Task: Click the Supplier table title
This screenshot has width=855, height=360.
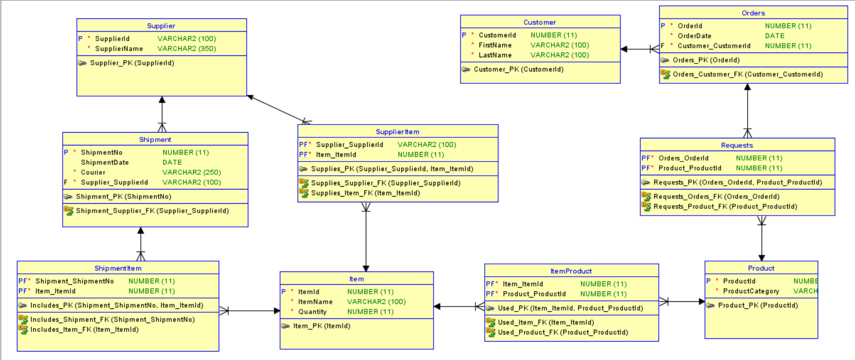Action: (x=161, y=26)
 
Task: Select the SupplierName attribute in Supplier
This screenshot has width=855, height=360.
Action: (x=119, y=49)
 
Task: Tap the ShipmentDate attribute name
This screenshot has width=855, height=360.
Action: (x=105, y=162)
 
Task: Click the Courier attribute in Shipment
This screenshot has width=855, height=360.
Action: (x=93, y=172)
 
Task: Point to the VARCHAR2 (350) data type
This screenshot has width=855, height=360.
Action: (x=187, y=49)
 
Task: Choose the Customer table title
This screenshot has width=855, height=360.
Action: (x=540, y=22)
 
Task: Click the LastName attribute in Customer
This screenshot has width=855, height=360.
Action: (x=495, y=55)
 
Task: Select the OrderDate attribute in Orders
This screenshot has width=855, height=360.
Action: (x=694, y=36)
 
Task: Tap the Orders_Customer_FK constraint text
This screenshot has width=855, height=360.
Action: (x=747, y=74)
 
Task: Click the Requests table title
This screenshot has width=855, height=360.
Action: (x=737, y=145)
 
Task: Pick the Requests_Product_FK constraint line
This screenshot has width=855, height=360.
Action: (x=725, y=207)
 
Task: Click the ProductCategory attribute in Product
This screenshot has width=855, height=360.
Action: (x=751, y=291)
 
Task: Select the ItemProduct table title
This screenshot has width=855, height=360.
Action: (x=571, y=271)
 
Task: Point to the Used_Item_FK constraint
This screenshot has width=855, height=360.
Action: (x=546, y=323)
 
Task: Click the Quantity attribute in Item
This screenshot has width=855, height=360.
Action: (x=312, y=312)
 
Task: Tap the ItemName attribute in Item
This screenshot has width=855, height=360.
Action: (x=315, y=302)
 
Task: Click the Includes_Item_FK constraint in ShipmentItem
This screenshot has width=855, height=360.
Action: (x=84, y=330)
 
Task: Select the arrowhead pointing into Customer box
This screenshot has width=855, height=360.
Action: (x=624, y=49)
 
